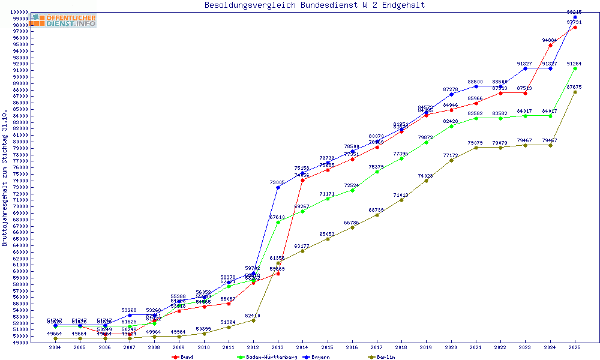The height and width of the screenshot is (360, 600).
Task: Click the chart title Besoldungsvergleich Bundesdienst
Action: (x=314, y=5)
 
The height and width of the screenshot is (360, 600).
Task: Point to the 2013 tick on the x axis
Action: (x=278, y=347)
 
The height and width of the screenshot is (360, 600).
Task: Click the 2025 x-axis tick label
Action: (x=575, y=347)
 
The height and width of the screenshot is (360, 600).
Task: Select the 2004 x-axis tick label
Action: (x=55, y=347)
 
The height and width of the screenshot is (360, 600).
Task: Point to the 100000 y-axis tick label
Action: (x=19, y=12)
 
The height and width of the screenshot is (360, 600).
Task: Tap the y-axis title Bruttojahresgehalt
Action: (x=5, y=178)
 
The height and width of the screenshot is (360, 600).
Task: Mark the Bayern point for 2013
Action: (x=278, y=188)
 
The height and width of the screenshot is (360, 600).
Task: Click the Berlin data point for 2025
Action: (x=575, y=92)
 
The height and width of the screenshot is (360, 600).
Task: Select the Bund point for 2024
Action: (x=550, y=45)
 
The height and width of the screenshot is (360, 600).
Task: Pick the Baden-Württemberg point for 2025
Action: (x=575, y=68)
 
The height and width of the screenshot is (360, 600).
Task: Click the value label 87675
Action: (x=574, y=87)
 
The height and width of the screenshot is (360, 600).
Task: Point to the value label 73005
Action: (x=277, y=182)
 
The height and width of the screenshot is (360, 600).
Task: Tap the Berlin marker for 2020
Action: (x=451, y=160)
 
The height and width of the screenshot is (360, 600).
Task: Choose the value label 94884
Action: (x=550, y=40)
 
